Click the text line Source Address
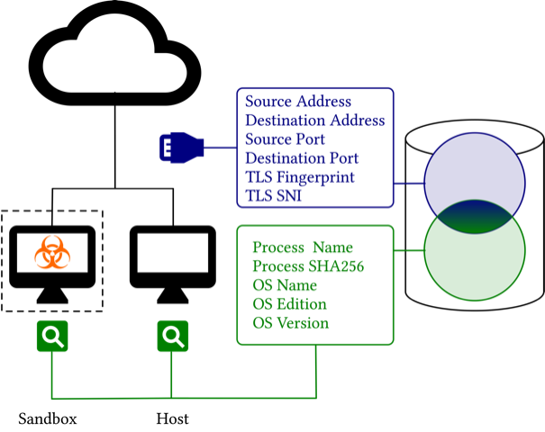298,102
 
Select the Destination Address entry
314,121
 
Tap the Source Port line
285,139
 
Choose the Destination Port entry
301,158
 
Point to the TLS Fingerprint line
299,177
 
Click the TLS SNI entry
273,196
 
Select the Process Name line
303,247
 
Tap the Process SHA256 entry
308,266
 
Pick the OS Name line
285,285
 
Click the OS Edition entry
289,304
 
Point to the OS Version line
290,323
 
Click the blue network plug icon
182,147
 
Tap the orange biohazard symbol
52,253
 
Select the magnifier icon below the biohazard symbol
52,337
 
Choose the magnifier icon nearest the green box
173,337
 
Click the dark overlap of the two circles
475,217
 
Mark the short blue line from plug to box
221,147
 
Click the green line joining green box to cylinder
409,251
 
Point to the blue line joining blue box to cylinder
409,184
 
